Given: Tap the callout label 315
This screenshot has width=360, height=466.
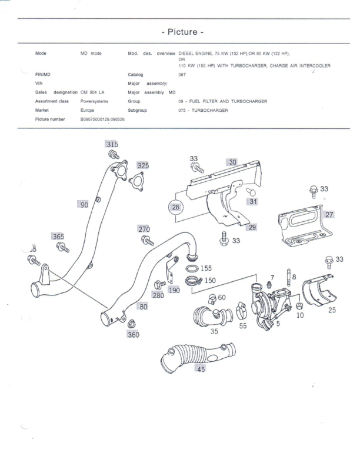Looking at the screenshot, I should coord(112,144).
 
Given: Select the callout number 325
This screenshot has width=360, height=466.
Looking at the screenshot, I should coord(143,165).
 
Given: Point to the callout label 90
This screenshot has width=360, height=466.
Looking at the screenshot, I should coord(85,204).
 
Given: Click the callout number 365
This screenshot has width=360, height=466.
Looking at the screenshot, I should coord(58,236).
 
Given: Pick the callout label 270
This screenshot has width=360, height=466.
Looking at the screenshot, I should coord(144,229).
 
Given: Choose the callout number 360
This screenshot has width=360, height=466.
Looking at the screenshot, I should coord(134,335).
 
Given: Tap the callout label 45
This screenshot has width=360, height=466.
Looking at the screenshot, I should coord(201,369).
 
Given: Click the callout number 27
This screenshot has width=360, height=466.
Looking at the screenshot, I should coord(330,214).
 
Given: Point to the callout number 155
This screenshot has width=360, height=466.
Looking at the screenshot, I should coord(206,268).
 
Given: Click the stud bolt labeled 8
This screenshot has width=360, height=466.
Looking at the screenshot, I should coord(289,279).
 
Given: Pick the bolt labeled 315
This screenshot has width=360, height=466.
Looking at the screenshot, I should coord(114,155).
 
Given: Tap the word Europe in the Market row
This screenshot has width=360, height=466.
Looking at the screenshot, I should coord(88,110).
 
